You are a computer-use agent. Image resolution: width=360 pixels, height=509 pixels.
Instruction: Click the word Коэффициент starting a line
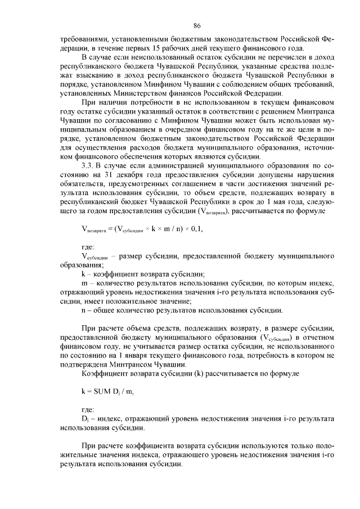pos(103,373)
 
